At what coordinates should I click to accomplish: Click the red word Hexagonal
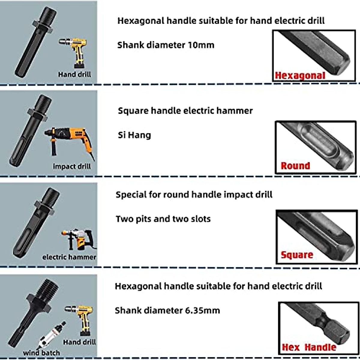tap(300, 76)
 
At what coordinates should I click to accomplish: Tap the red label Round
tap(295, 166)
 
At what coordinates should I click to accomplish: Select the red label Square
tap(297, 255)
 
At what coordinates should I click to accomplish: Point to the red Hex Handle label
tap(309, 347)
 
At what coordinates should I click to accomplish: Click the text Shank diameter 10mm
tap(166, 45)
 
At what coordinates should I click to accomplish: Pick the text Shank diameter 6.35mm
tap(167, 310)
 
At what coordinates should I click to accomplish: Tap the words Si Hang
tap(134, 135)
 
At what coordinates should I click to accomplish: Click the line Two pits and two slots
tap(163, 219)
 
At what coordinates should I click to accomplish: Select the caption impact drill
tap(72, 166)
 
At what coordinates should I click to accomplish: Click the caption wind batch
tap(41, 353)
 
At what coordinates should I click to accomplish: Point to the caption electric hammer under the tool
tap(69, 257)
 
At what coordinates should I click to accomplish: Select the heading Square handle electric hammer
tap(185, 111)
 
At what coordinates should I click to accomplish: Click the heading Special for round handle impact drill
tap(194, 195)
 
